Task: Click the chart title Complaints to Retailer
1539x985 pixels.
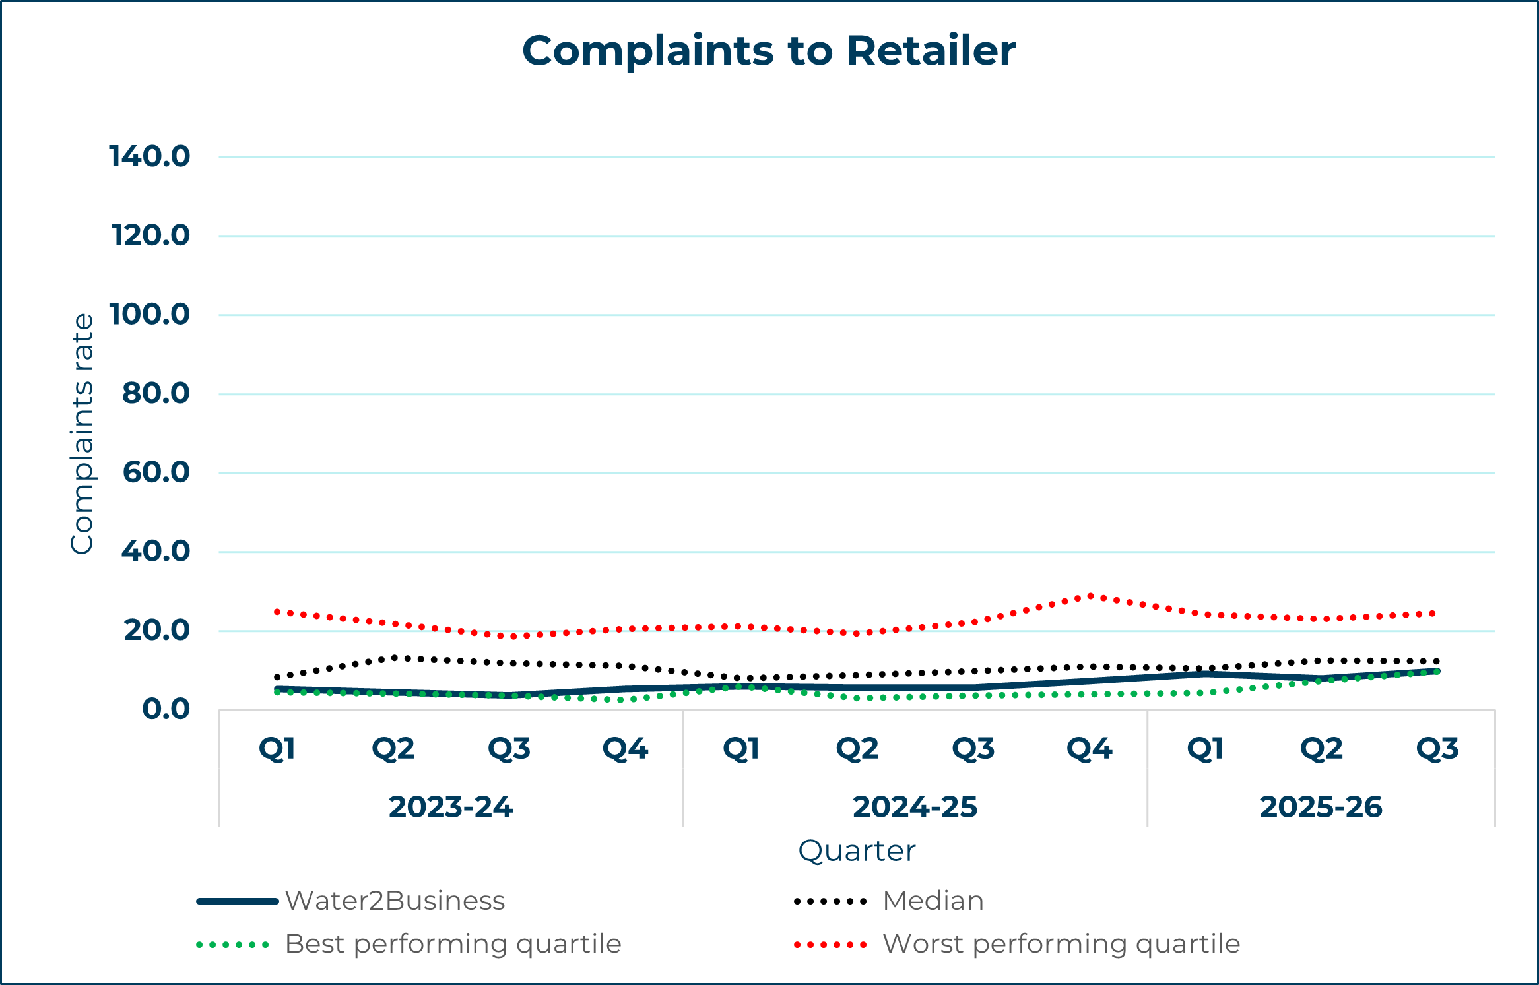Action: pos(769,51)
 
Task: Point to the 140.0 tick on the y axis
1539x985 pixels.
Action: pos(150,157)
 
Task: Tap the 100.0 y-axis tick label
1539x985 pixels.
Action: pos(150,315)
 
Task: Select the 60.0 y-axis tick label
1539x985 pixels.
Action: pos(156,472)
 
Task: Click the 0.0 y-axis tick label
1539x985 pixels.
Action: pos(166,709)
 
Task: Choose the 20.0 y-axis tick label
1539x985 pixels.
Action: pos(156,631)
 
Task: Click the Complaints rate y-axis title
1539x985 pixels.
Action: pos(82,433)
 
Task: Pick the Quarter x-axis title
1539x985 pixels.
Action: pos(857,851)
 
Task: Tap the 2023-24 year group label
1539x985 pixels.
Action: pos(451,808)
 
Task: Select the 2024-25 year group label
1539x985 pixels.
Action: pos(915,808)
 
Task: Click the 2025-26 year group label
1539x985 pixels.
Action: pos(1321,808)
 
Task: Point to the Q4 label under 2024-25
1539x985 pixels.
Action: pos(1090,749)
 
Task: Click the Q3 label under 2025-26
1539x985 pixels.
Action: pos(1437,749)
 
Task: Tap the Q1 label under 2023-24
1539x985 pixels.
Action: pos(277,749)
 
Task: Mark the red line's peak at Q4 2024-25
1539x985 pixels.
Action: pos(1090,596)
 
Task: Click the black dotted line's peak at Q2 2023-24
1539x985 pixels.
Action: pos(394,658)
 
